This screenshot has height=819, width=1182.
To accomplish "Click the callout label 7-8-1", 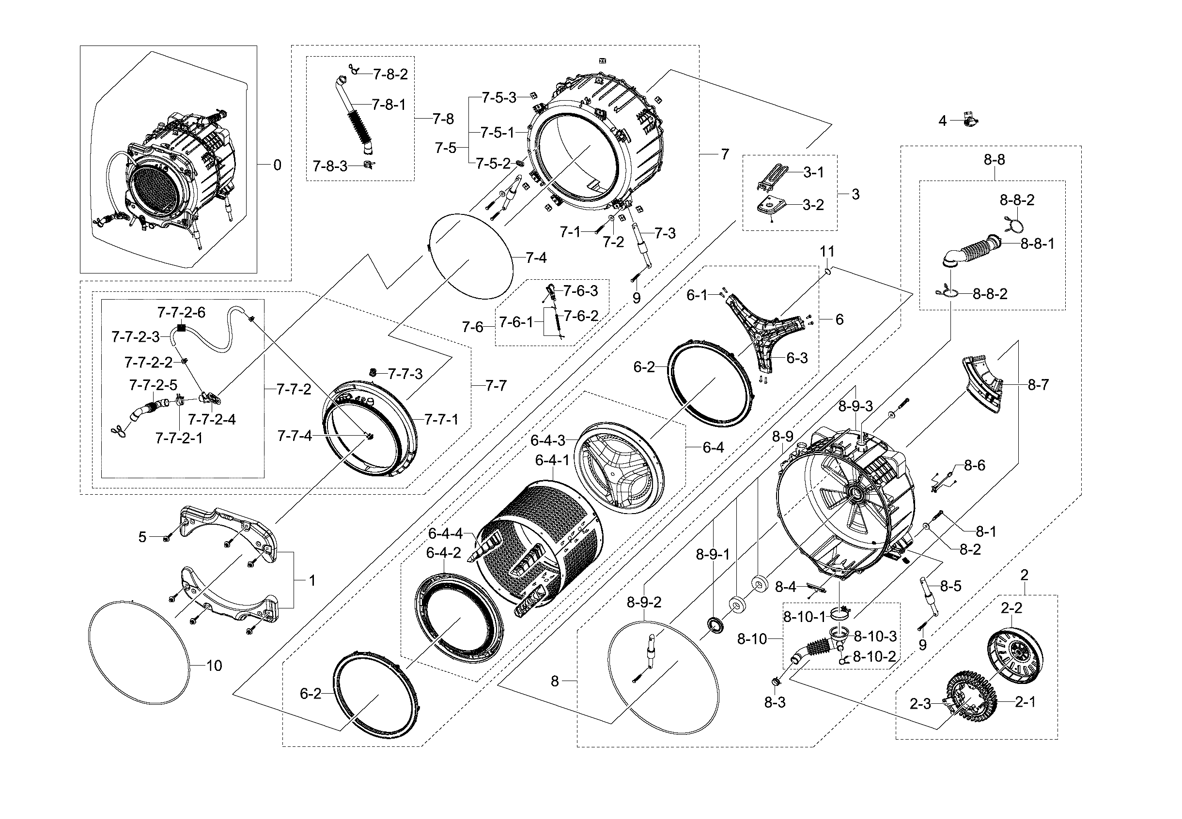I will [x=389, y=105].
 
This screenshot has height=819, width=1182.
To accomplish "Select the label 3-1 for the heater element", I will [x=813, y=172].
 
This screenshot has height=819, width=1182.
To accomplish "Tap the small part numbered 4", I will [x=969, y=121].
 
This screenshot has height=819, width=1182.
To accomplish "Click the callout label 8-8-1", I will [x=1037, y=243].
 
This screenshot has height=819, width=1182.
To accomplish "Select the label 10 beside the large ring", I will [x=214, y=666].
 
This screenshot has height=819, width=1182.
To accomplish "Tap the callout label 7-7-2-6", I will [x=181, y=313].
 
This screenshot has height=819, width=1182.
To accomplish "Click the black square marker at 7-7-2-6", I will [x=181, y=327].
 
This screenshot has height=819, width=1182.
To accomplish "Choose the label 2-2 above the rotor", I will [x=1011, y=608].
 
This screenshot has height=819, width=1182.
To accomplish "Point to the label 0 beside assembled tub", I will [x=277, y=165].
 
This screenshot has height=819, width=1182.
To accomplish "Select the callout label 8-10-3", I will [x=875, y=637].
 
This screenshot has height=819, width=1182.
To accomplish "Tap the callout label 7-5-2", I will [x=493, y=163].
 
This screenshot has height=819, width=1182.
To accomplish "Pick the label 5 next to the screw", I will [x=142, y=537].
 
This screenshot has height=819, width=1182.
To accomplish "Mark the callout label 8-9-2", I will [x=644, y=603].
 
